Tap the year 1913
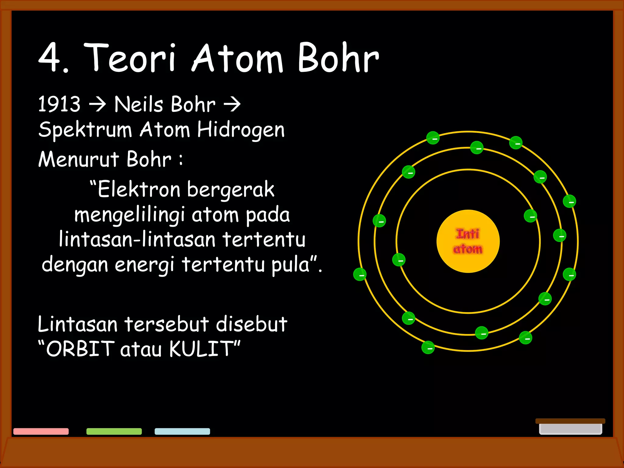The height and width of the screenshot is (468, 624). click(x=59, y=104)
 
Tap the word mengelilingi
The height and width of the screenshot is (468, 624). click(x=129, y=215)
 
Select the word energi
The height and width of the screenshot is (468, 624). click(x=144, y=264)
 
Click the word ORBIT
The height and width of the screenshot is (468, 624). click(x=80, y=349)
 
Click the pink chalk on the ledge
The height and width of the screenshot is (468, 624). click(x=41, y=431)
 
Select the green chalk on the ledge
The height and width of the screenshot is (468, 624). click(x=114, y=431)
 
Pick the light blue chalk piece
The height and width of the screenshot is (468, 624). click(x=182, y=431)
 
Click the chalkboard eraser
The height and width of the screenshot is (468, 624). click(x=570, y=427)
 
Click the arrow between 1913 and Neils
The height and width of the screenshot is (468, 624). click(x=97, y=104)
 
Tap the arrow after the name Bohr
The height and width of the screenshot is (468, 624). click(x=232, y=104)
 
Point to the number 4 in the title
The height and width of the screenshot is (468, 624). click(x=50, y=58)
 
